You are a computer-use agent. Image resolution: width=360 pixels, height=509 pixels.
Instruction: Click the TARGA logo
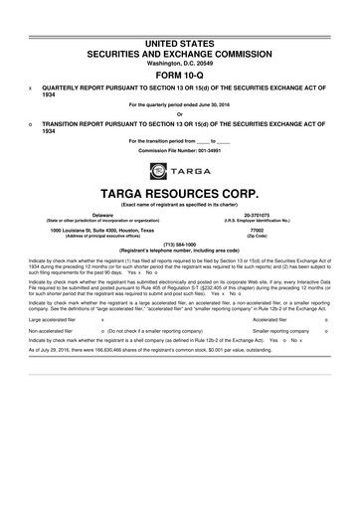[x=179, y=171]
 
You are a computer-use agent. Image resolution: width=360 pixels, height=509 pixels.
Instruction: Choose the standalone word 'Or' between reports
[x=179, y=114]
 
